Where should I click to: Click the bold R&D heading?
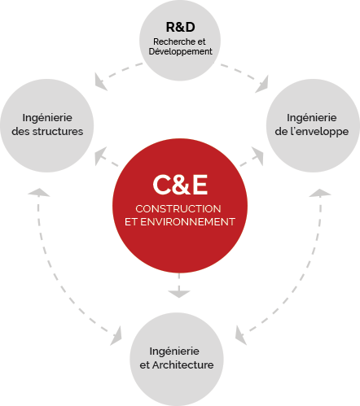pos(180,27)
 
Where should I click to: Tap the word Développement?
pos(181,51)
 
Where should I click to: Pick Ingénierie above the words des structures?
pos(47,118)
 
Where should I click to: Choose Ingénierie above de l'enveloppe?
pos(312,118)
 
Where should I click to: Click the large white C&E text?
pos(180,185)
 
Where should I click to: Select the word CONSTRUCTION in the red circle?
pos(178,209)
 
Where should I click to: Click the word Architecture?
pos(183,365)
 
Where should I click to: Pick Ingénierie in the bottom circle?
pos(174,351)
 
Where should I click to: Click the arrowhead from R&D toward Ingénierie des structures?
pos(99,81)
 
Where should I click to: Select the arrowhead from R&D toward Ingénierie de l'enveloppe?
pos(262,85)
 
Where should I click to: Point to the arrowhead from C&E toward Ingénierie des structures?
pos(100,155)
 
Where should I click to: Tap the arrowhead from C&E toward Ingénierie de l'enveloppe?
pos(258,155)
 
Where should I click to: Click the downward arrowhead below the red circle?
pos(179,294)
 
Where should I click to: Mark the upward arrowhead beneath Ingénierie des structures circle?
pos(38,192)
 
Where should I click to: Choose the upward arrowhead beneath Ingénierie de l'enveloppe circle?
pos(320,192)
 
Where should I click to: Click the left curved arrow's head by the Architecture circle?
pos(116,337)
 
